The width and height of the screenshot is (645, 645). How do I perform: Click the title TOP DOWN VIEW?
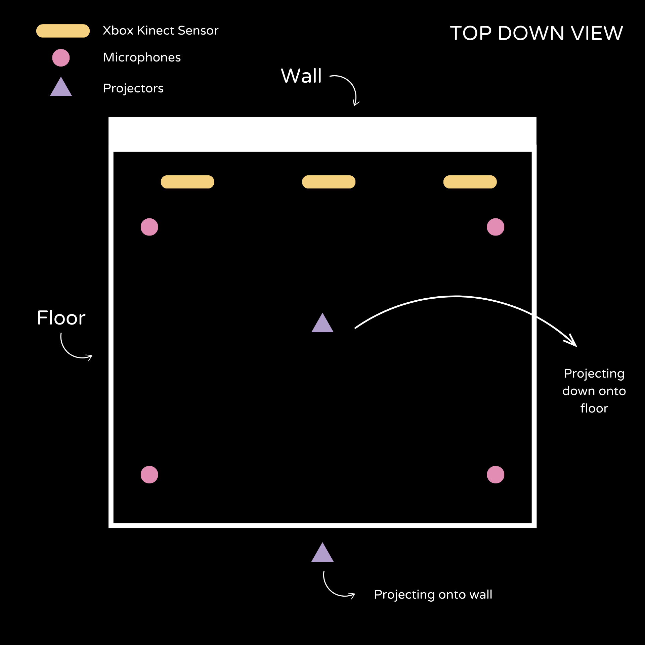pyautogui.click(x=536, y=33)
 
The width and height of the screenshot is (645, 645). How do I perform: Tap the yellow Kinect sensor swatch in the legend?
pyautogui.click(x=63, y=31)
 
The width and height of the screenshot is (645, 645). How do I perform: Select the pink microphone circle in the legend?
pyautogui.click(x=61, y=58)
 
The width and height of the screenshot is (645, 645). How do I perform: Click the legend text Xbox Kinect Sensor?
pyautogui.click(x=161, y=31)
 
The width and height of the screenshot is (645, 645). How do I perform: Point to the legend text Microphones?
pyautogui.click(x=142, y=57)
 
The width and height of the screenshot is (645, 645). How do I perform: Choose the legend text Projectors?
pyautogui.click(x=133, y=88)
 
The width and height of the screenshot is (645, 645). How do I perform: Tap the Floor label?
pyautogui.click(x=61, y=318)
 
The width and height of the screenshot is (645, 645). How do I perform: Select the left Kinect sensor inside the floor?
pyautogui.click(x=187, y=182)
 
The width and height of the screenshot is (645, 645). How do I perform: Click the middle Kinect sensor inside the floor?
pyautogui.click(x=329, y=182)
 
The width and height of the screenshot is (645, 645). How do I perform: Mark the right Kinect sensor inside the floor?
pyautogui.click(x=470, y=182)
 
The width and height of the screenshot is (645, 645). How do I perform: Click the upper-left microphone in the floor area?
pyautogui.click(x=149, y=227)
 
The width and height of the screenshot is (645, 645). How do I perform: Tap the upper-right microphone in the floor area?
pyautogui.click(x=496, y=227)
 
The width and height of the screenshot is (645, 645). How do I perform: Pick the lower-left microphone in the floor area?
pyautogui.click(x=149, y=475)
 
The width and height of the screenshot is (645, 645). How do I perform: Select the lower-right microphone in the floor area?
pyautogui.click(x=496, y=475)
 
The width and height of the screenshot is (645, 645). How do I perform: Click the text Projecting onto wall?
pyautogui.click(x=433, y=594)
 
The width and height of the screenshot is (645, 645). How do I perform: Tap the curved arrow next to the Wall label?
pyautogui.click(x=351, y=86)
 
